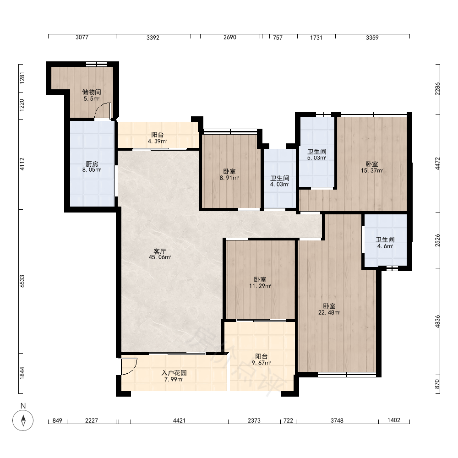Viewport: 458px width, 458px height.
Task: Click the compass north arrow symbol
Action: [x=23, y=420]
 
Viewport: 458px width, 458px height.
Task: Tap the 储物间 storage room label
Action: [x=92, y=92]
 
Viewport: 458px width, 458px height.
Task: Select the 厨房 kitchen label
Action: [x=92, y=164]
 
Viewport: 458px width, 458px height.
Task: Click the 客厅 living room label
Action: [x=160, y=251]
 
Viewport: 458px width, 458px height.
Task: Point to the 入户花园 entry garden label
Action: [x=174, y=373]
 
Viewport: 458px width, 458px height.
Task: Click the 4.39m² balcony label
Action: [x=157, y=142]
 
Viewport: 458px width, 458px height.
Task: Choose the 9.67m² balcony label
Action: [x=261, y=363]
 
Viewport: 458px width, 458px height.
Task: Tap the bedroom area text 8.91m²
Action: [x=229, y=178]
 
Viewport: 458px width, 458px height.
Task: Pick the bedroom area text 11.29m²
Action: [x=260, y=286]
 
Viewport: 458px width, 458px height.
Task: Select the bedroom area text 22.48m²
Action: [x=329, y=312]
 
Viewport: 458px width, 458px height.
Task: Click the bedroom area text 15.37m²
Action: [x=372, y=170]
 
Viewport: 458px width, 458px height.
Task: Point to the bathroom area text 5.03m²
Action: [x=316, y=158]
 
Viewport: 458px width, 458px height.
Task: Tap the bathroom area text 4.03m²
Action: [x=279, y=184]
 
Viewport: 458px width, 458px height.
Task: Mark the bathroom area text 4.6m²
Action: [x=385, y=246]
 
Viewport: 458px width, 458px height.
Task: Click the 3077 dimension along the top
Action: [x=82, y=38]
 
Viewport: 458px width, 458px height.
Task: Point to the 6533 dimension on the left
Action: [x=22, y=281]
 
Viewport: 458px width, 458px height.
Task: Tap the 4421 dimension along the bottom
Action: [x=179, y=420]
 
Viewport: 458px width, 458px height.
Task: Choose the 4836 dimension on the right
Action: [x=437, y=322]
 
